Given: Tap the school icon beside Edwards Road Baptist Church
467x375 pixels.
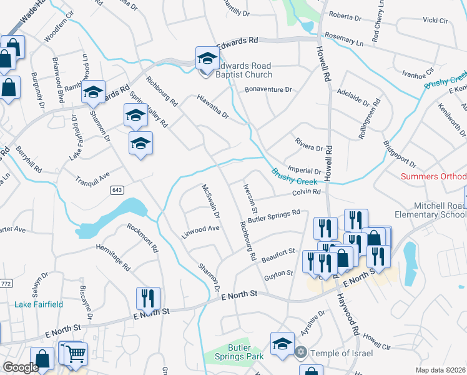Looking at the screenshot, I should click(x=207, y=59).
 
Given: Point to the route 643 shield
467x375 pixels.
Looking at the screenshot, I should click(x=116, y=189).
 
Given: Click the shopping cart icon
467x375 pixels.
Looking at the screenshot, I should click(x=76, y=354).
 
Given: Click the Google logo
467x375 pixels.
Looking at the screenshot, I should click(x=20, y=367).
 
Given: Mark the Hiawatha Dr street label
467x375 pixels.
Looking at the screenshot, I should click(x=213, y=106).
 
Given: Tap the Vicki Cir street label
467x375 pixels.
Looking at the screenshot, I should click(x=435, y=21).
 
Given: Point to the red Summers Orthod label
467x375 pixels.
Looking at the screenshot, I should click(x=433, y=177).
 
